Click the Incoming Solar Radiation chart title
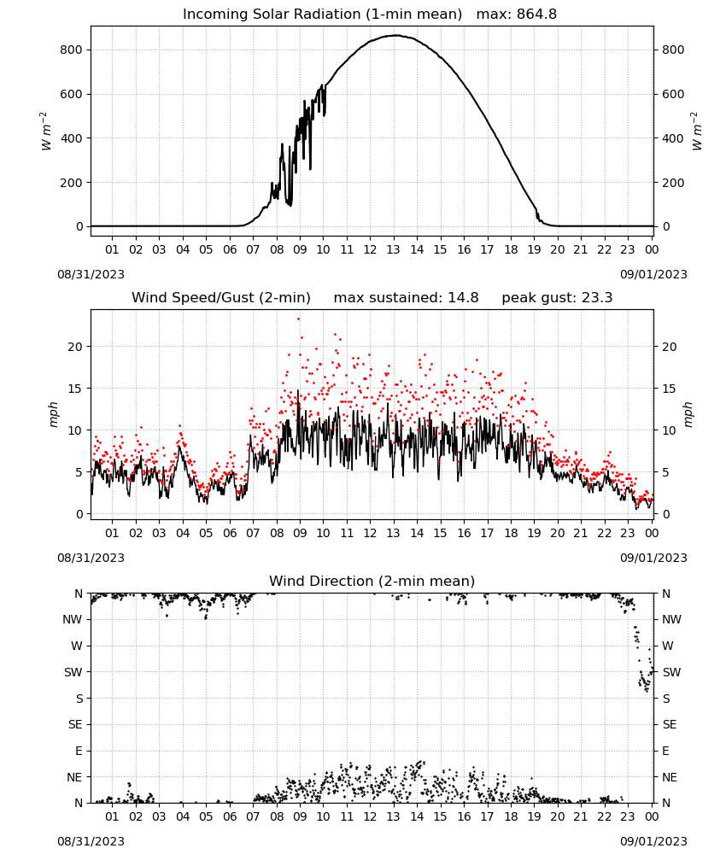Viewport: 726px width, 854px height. [x=322, y=15]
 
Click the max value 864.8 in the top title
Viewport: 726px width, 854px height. [x=536, y=15]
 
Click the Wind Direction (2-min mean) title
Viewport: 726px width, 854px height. [x=372, y=581]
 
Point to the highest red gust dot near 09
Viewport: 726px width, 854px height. [x=298, y=319]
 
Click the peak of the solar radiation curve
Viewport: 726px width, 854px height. [x=395, y=35]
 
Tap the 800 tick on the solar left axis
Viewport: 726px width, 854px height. [x=72, y=50]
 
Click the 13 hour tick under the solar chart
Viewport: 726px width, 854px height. [x=393, y=249]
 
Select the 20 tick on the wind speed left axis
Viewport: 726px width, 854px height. [x=76, y=347]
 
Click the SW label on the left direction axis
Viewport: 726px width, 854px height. [x=73, y=672]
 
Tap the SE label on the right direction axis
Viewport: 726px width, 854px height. [x=670, y=724]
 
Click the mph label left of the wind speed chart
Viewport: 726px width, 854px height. [x=53, y=414]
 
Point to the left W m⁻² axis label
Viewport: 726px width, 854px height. [x=45, y=132]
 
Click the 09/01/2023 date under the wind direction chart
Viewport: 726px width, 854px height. [x=653, y=841]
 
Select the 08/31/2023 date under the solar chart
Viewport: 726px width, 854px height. [x=91, y=274]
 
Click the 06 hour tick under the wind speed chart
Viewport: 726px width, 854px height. [x=229, y=533]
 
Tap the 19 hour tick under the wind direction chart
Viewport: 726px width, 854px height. [x=534, y=816]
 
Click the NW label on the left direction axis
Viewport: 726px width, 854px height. [x=73, y=619]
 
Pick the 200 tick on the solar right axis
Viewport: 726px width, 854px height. [x=673, y=183]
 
